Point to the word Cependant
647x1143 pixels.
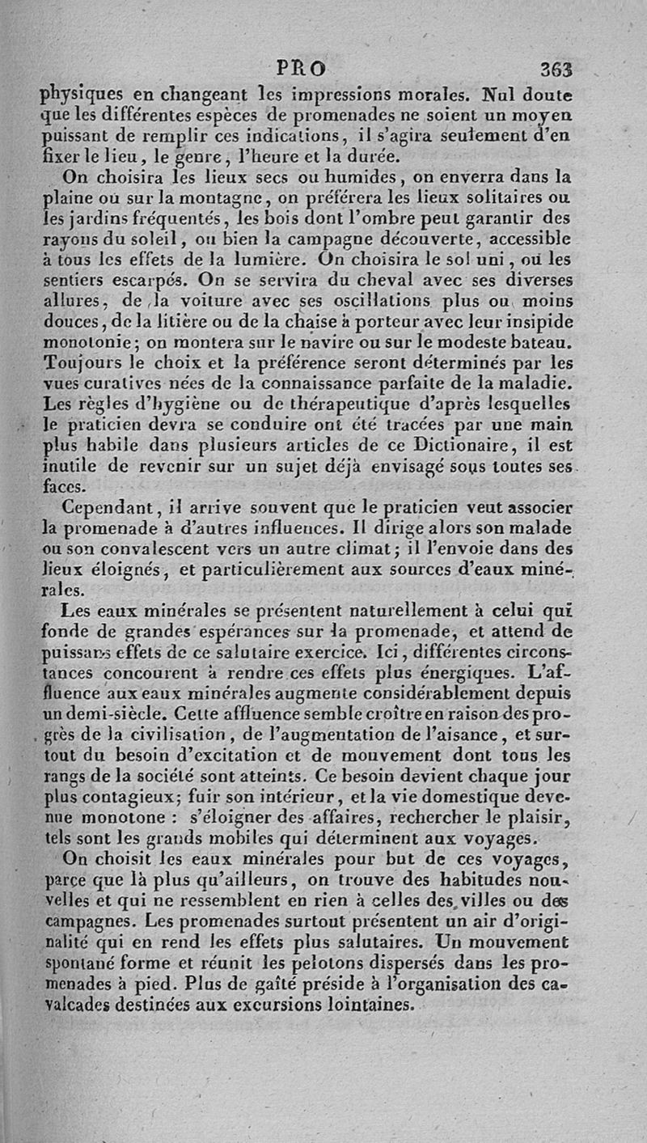104,509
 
